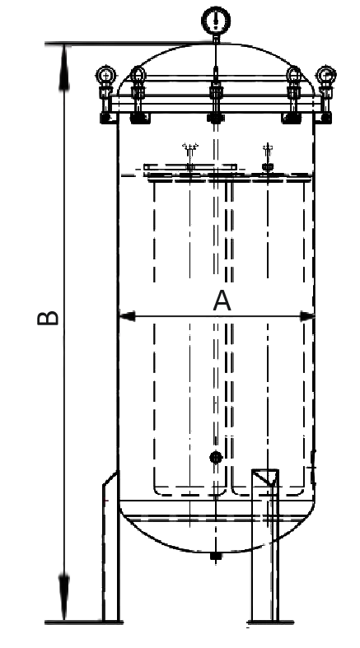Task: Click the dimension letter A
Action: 222,301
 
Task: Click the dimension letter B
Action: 48,318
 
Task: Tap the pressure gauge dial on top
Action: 216,20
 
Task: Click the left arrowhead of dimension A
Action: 127,316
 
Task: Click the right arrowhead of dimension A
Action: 306,316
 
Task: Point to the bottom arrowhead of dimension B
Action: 64,597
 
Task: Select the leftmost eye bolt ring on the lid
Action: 106,76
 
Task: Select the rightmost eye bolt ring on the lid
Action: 326,76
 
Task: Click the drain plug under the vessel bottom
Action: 215,556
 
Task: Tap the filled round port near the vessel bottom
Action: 216,457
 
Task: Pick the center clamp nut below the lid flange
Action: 215,118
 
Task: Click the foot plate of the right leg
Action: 270,622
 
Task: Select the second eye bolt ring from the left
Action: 138,76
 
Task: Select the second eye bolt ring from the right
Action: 294,76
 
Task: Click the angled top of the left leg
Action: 110,478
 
